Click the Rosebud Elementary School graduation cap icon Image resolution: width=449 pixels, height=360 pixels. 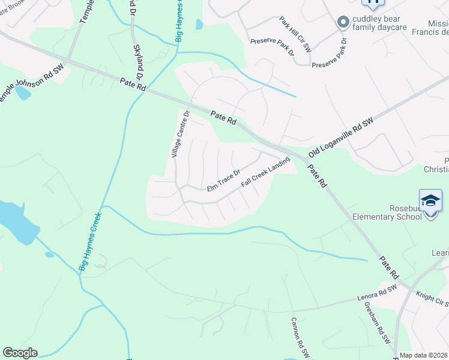[x=431, y=200]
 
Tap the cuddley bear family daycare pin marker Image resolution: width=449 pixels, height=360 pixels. [x=343, y=22]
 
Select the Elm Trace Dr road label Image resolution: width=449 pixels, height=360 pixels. [x=223, y=180]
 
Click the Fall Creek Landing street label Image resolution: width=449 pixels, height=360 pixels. [x=265, y=172]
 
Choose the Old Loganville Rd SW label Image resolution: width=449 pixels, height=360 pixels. [x=341, y=137]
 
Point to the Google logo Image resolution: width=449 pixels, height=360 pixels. [x=20, y=353]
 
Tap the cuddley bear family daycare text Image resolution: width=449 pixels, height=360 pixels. [x=379, y=23]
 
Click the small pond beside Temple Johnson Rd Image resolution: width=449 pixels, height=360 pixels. [x=22, y=93]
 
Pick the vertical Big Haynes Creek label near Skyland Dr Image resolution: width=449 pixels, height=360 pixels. [x=179, y=20]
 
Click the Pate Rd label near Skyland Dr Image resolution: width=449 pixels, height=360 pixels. [x=133, y=85]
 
